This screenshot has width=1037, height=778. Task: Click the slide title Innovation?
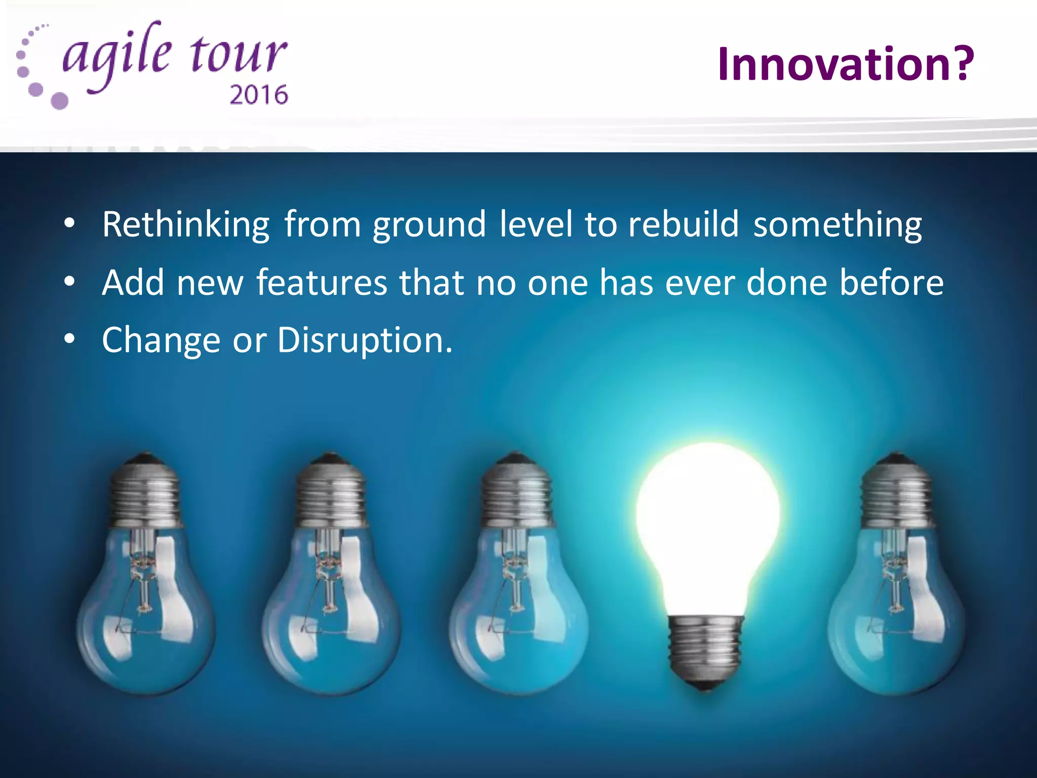click(845, 64)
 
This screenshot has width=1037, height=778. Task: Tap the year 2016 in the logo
click(259, 95)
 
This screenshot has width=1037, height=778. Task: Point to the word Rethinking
click(186, 224)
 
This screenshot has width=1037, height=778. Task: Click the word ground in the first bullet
click(429, 225)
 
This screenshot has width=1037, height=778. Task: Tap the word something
click(837, 225)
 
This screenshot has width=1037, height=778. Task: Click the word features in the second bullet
click(322, 282)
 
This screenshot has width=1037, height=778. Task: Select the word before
click(892, 282)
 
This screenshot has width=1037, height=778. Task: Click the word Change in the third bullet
click(161, 340)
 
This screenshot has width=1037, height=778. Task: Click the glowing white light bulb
click(708, 522)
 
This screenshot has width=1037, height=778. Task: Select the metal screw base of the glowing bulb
click(706, 648)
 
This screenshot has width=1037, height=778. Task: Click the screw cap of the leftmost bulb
click(145, 494)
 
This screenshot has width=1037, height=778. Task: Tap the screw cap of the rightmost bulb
click(896, 494)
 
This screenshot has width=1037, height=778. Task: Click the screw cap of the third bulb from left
click(515, 494)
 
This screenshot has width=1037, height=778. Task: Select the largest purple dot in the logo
click(59, 101)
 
